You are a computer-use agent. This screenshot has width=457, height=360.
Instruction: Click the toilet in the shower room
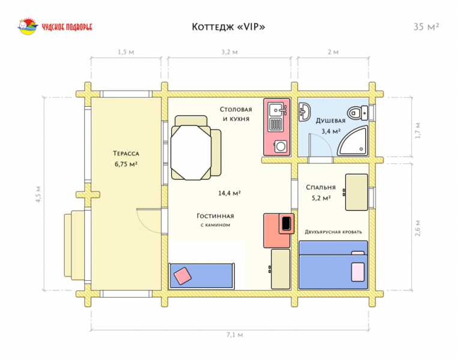click(358, 113)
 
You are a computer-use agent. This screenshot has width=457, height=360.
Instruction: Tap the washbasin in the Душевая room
click(304, 112)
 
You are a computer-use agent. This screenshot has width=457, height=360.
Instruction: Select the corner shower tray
click(353, 141)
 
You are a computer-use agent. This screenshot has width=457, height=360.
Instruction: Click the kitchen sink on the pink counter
click(277, 110)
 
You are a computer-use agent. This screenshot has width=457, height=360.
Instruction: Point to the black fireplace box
click(286, 223)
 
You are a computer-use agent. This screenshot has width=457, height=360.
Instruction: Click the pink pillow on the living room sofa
click(183, 275)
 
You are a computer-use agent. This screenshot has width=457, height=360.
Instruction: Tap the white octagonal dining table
click(191, 152)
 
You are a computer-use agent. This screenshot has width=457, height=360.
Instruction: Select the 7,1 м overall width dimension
click(235, 335)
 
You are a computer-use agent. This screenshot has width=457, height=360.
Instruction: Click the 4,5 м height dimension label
click(38, 194)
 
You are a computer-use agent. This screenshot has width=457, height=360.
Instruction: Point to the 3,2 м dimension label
click(229, 52)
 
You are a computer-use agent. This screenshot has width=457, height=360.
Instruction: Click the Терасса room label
click(126, 154)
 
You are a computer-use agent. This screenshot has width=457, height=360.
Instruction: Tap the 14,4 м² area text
click(229, 193)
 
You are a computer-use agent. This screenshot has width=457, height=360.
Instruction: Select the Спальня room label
click(321, 188)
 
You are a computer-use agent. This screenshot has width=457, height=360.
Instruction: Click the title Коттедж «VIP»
click(228, 27)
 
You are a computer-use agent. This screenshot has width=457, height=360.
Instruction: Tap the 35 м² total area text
click(426, 27)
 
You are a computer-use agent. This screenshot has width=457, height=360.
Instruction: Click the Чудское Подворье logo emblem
click(28, 26)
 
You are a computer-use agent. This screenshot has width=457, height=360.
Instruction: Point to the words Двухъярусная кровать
click(333, 232)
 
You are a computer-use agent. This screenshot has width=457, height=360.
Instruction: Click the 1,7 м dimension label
click(418, 130)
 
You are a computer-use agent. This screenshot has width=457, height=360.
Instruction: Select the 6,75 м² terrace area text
click(126, 164)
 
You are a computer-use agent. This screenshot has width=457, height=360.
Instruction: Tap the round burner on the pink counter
click(281, 146)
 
